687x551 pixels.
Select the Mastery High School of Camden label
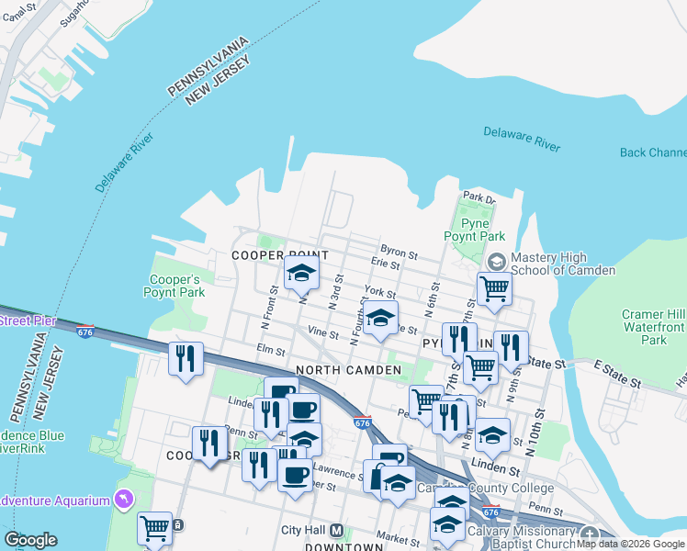point(562,264)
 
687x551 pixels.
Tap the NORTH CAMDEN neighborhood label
point(349,369)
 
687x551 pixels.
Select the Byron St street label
point(399,249)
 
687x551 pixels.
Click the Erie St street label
point(385,264)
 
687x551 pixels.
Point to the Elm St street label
point(272,349)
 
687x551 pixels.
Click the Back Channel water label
point(653,152)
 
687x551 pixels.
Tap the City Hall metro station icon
point(336,531)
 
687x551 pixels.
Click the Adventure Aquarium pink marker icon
point(123,500)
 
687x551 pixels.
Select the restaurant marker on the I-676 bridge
point(186,357)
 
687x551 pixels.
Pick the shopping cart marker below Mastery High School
point(494,288)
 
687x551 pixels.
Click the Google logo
point(30,540)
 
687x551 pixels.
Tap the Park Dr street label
point(479,197)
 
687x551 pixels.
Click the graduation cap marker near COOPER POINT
point(301,273)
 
